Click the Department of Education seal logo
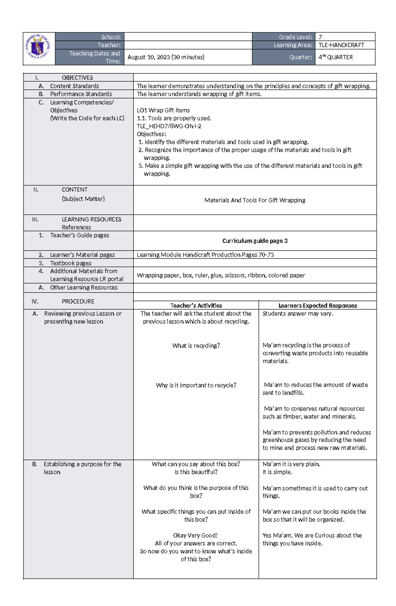(39, 48)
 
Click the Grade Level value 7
(320, 37)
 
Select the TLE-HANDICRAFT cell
(341, 45)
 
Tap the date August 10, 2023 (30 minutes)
(166, 57)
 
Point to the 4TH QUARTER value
(336, 57)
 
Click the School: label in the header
(111, 37)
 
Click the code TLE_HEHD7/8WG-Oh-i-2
(169, 126)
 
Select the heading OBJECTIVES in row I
(77, 78)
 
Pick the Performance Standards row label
(81, 94)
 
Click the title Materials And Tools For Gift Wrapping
(255, 200)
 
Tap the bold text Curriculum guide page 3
(255, 241)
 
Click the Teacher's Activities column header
(196, 305)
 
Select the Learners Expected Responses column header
(317, 305)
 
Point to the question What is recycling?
(196, 345)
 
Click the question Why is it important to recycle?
(196, 385)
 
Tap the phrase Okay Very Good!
(195, 535)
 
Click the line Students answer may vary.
(298, 313)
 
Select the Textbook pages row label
(71, 263)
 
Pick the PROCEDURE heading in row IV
(78, 301)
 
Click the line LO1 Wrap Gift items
(163, 110)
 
